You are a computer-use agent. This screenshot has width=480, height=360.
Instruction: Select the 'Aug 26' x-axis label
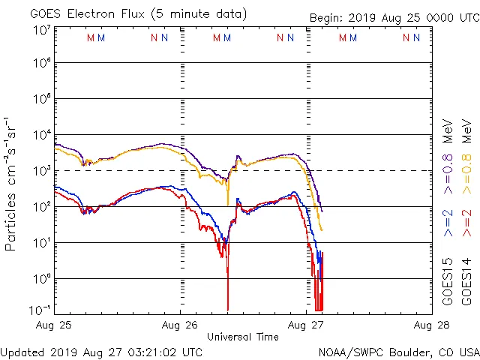[180, 325]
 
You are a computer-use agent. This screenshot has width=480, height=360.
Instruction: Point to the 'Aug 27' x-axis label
[306, 325]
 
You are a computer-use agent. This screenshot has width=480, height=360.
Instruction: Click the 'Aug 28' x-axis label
[431, 325]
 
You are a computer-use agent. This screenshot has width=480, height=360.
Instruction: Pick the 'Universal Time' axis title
[243, 337]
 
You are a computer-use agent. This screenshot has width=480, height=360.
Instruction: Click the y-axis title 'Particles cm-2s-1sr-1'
[10, 184]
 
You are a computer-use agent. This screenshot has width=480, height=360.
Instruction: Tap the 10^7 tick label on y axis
[41, 30]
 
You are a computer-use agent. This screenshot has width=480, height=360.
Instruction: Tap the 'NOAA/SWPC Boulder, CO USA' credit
[398, 351]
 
